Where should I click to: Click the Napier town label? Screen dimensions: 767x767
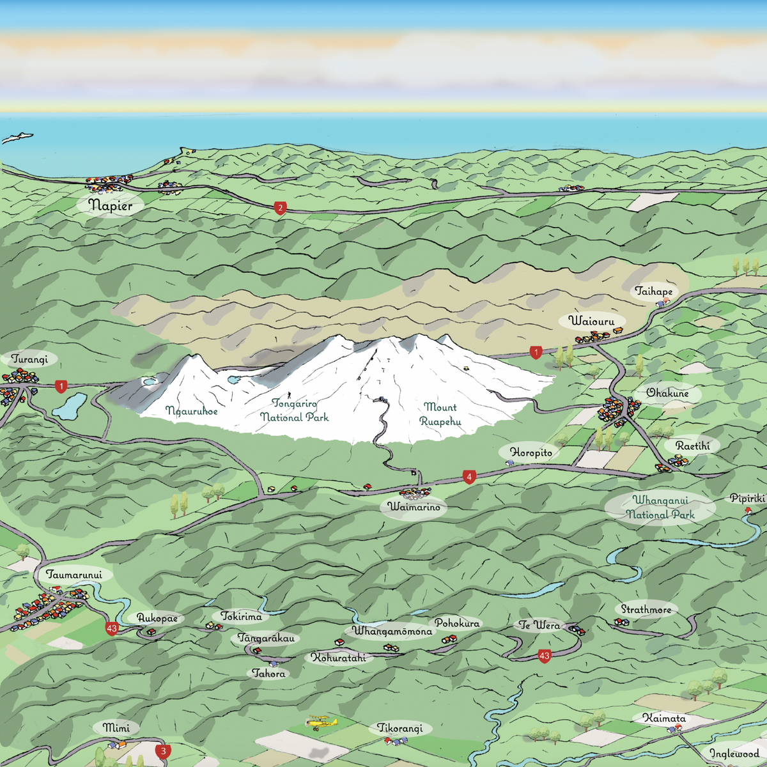click(x=111, y=205)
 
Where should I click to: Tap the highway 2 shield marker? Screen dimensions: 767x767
click(x=280, y=208)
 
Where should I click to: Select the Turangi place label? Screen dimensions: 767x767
click(x=29, y=359)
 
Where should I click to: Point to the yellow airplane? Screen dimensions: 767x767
click(x=321, y=723)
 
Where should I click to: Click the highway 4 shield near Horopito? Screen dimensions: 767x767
click(x=469, y=477)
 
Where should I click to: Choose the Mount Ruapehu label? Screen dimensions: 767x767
click(x=440, y=414)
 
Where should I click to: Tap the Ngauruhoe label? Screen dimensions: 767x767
click(x=192, y=411)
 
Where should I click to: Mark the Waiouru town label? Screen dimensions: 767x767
click(x=591, y=321)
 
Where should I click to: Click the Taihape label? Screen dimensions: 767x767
click(x=653, y=291)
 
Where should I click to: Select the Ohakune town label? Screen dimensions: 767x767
click(x=667, y=393)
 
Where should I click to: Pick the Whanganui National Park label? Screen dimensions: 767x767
click(x=660, y=507)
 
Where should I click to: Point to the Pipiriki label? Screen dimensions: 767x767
click(x=747, y=499)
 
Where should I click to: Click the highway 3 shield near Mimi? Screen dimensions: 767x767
click(x=163, y=751)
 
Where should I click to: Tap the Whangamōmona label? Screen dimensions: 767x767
click(x=392, y=631)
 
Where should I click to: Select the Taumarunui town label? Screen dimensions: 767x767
click(x=74, y=575)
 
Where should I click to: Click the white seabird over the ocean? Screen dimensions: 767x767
click(x=17, y=137)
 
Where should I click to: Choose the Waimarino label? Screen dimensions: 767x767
click(x=414, y=507)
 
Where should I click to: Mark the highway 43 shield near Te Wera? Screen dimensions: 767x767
click(x=544, y=656)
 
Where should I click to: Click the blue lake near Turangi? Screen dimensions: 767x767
click(x=70, y=405)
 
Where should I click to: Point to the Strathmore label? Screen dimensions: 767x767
click(x=646, y=610)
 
